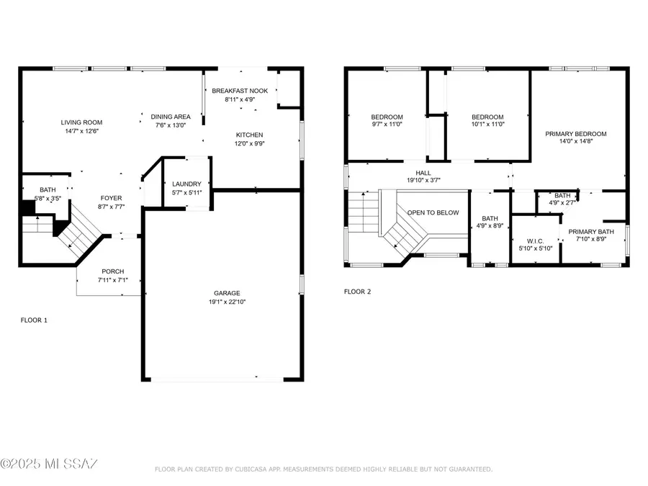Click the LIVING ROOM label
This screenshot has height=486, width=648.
[x=81, y=122]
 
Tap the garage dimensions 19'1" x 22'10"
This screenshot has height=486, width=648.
[x=227, y=302]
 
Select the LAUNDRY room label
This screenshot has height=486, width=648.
[x=186, y=184]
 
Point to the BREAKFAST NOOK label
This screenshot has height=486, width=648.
[x=240, y=91]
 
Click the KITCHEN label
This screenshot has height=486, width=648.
[x=250, y=135]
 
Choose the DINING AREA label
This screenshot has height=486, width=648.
[x=171, y=117]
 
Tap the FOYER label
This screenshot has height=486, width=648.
[x=111, y=198]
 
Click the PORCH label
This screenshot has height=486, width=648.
[x=112, y=271]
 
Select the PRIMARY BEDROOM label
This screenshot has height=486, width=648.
[x=575, y=133]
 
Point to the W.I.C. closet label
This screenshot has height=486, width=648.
[x=534, y=240]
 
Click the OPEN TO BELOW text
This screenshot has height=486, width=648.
[x=433, y=212]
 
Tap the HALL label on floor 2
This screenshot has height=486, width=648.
[x=423, y=173]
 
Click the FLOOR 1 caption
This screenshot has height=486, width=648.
[x=34, y=320]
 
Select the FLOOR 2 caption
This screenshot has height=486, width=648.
[x=357, y=292]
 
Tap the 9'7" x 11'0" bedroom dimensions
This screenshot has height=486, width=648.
[x=387, y=125]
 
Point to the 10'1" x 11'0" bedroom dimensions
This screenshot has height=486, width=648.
[x=487, y=125]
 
